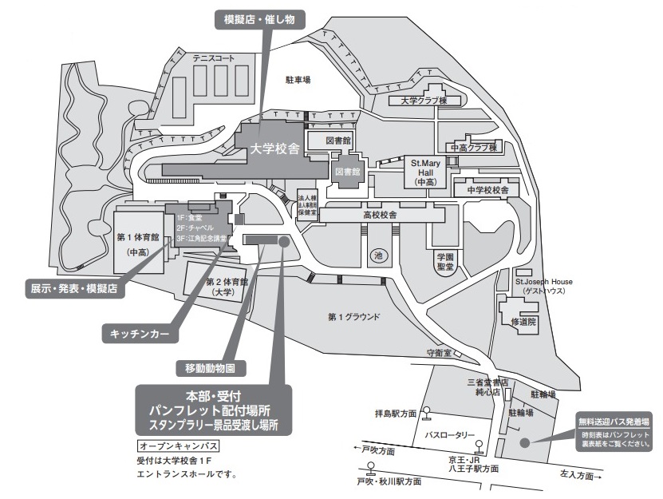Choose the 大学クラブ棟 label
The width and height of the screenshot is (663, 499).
(424, 101)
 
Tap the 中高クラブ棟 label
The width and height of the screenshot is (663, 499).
(473, 148)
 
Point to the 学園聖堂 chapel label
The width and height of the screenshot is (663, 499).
(444, 261)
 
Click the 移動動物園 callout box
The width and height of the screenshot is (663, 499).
(210, 368)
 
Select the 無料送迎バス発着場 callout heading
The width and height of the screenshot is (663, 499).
(613, 420)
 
